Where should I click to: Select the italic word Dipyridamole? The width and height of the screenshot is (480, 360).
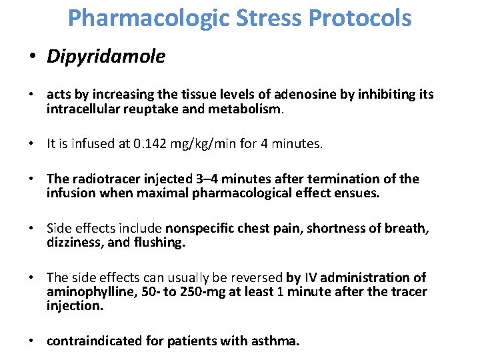point(106,57)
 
